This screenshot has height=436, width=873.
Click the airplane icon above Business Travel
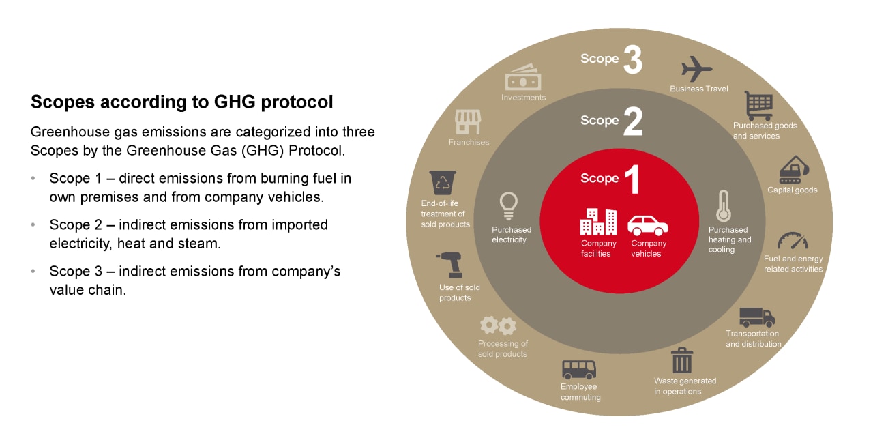[x=696, y=69]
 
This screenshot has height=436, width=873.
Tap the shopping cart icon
[x=758, y=106]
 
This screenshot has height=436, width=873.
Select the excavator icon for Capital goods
[x=794, y=170]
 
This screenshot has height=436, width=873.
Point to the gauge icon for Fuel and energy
[x=793, y=241]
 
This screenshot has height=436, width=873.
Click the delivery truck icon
[x=757, y=317]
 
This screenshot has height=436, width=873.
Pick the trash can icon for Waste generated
[x=681, y=360]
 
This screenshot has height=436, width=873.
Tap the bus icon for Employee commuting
[x=579, y=369]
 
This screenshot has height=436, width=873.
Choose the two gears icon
[x=499, y=325]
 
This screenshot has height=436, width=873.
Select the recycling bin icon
[x=443, y=182]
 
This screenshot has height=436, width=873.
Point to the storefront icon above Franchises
[x=468, y=121]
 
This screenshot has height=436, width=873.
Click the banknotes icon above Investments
[x=523, y=77]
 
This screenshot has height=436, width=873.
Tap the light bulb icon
[x=509, y=206]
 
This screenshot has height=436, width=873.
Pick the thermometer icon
[x=724, y=206]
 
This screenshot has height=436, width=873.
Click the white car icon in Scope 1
[x=648, y=225]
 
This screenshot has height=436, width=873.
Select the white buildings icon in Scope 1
[x=598, y=222]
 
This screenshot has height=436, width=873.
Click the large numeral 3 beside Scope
[x=633, y=59]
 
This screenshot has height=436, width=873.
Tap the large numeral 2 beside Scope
[x=633, y=121]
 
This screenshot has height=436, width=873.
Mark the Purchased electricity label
[x=512, y=235]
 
